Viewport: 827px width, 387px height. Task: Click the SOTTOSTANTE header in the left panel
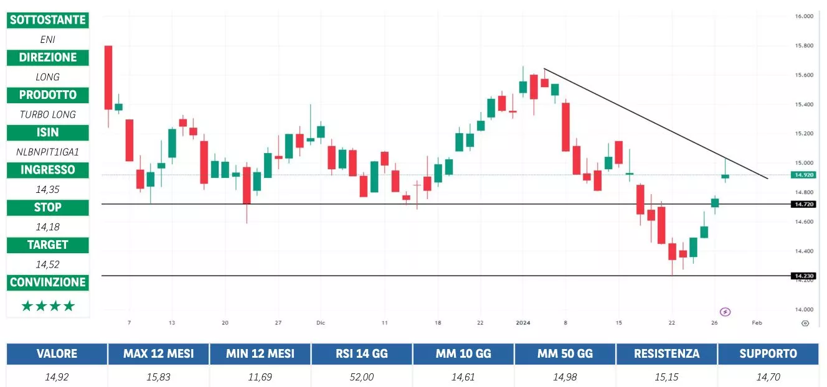pyautogui.click(x=47, y=20)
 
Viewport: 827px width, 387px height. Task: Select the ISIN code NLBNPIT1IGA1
pyautogui.click(x=47, y=151)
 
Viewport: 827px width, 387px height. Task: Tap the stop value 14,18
pyautogui.click(x=47, y=226)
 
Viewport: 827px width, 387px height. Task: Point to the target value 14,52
pyautogui.click(x=47, y=264)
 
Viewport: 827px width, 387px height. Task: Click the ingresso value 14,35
pyautogui.click(x=47, y=189)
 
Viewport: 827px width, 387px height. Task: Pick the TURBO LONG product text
pyautogui.click(x=47, y=114)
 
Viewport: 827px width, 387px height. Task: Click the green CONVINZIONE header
pyautogui.click(x=47, y=282)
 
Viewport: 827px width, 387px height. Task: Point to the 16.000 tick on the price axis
pyautogui.click(x=805, y=17)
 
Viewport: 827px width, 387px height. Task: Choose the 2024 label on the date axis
pyautogui.click(x=523, y=323)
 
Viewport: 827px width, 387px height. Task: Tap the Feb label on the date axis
pyautogui.click(x=757, y=323)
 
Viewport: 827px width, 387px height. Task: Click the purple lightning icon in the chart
pyautogui.click(x=725, y=312)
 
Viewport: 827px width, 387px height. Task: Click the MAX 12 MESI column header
pyautogui.click(x=158, y=354)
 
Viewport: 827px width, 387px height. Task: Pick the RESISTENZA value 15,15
pyautogui.click(x=666, y=376)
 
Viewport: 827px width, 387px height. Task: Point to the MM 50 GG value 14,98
pyautogui.click(x=565, y=376)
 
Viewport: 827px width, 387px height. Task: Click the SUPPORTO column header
pyautogui.click(x=768, y=354)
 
